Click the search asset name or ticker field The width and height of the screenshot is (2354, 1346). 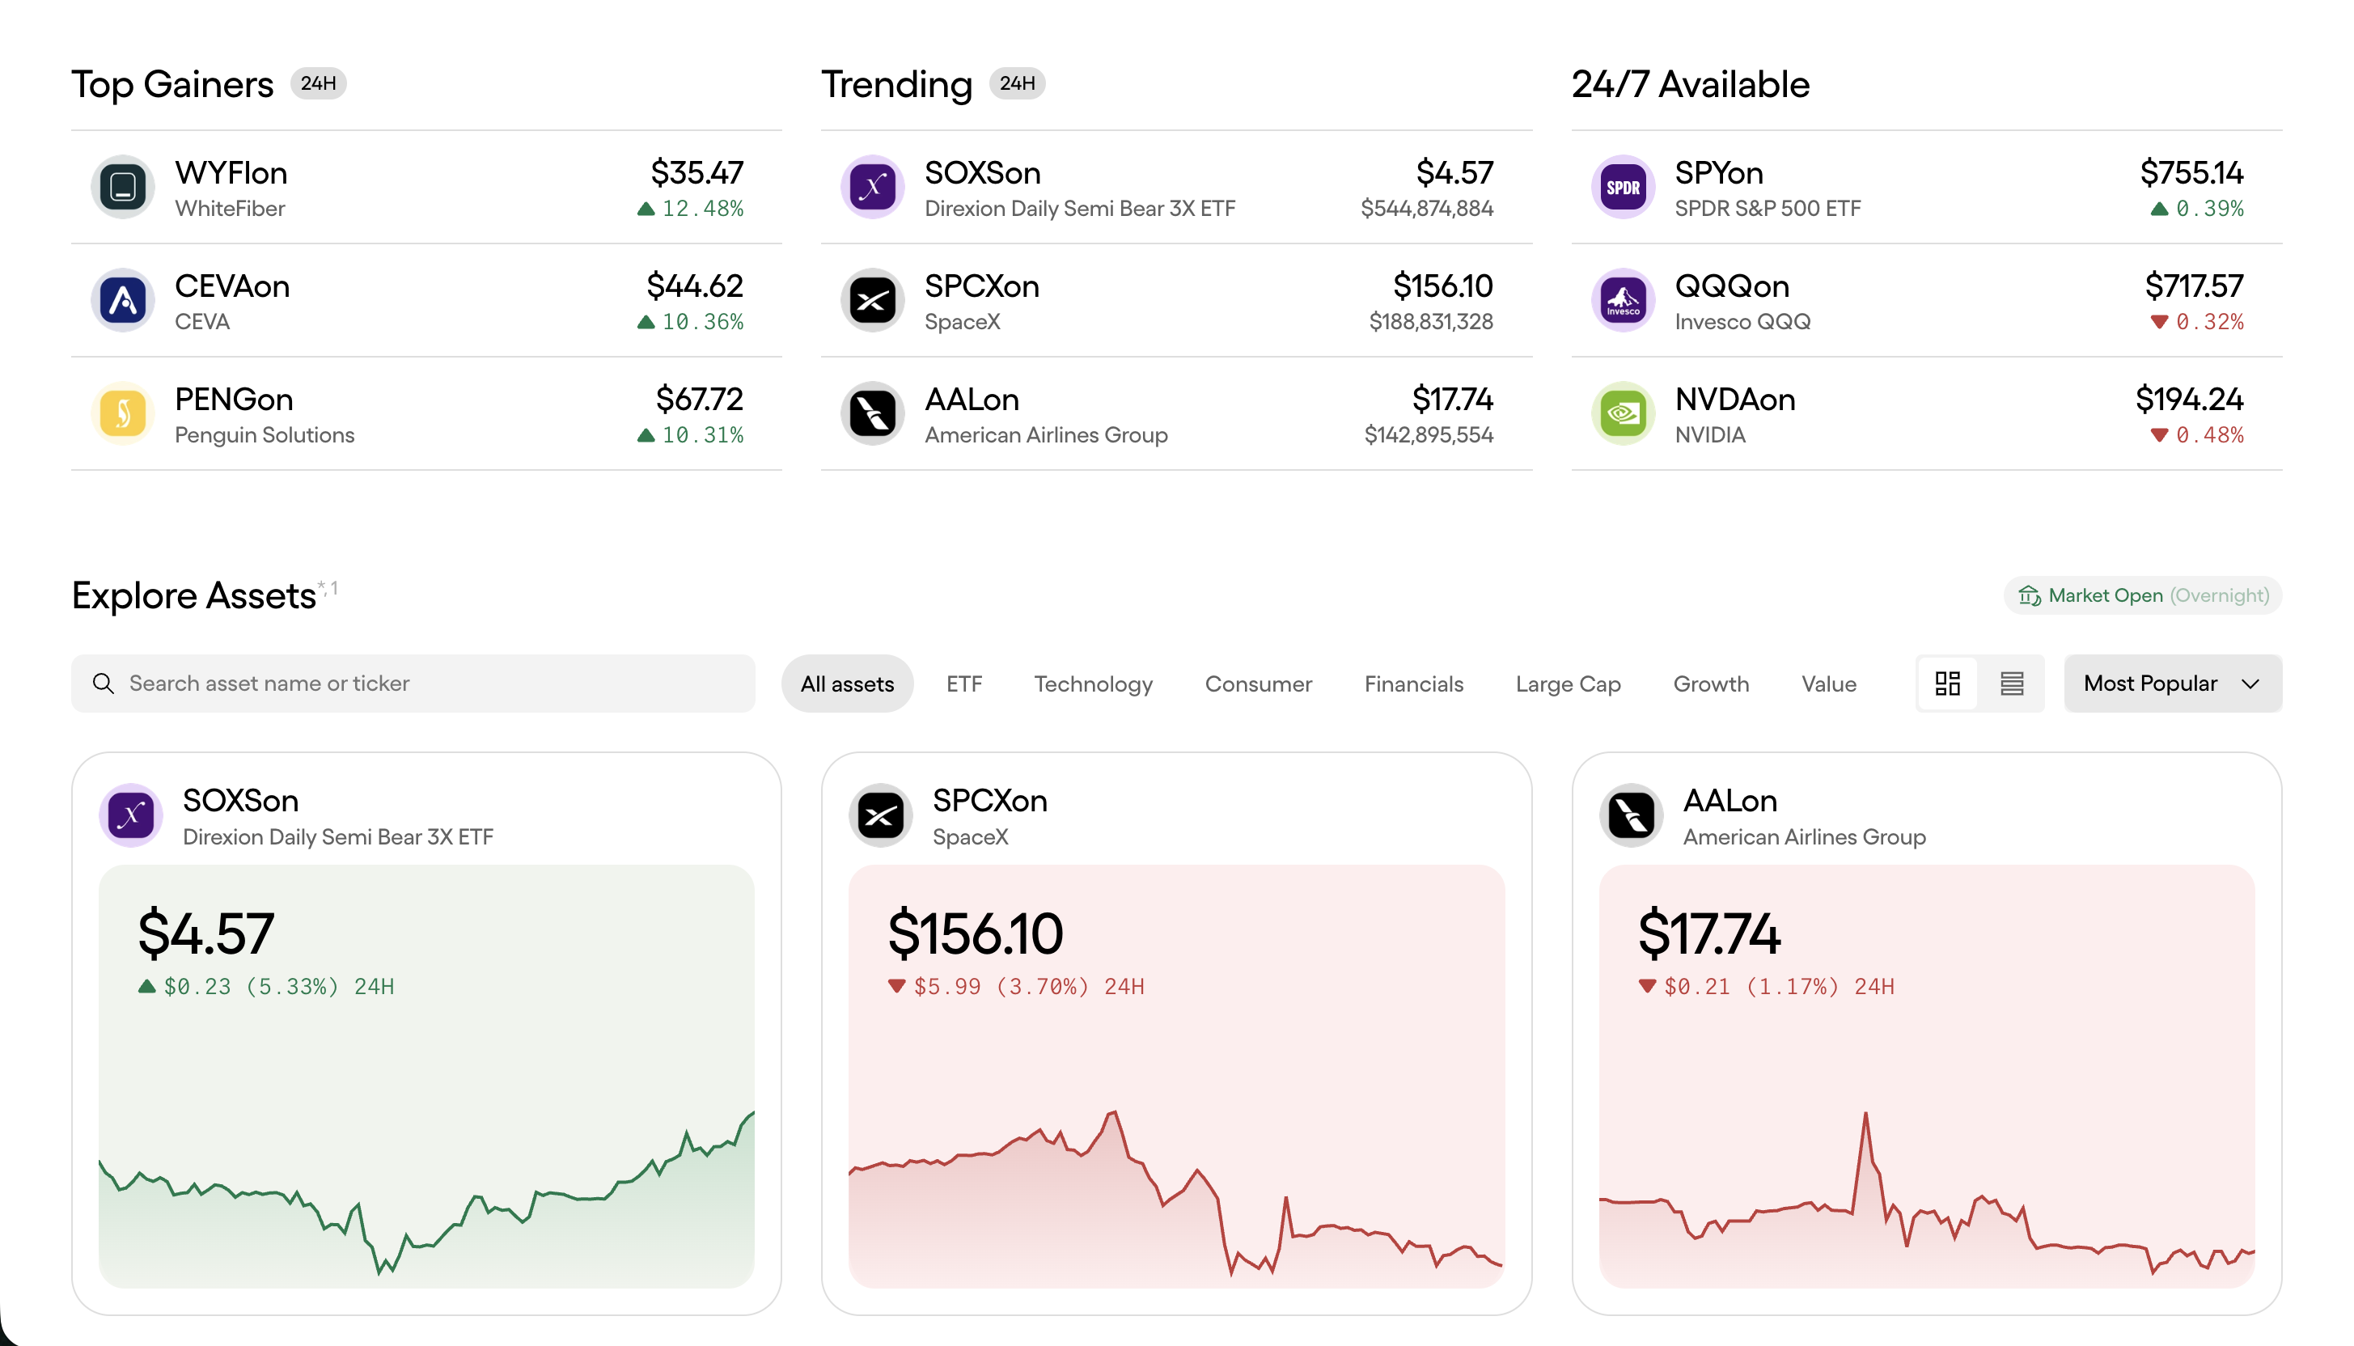click(x=413, y=684)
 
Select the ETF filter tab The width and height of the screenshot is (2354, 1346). click(x=964, y=684)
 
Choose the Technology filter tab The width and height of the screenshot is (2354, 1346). click(x=1094, y=684)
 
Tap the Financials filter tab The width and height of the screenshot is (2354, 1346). click(x=1414, y=684)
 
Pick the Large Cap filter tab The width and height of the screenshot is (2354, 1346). click(x=1569, y=684)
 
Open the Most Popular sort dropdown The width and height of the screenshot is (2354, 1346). click(x=2172, y=684)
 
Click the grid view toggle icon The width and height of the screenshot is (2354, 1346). click(x=1947, y=684)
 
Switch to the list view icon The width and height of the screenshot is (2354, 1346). click(x=2012, y=684)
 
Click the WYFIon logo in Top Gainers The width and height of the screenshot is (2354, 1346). click(x=123, y=187)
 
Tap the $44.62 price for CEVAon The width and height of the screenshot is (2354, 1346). click(x=695, y=286)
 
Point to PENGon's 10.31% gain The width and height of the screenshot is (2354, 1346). click(x=702, y=435)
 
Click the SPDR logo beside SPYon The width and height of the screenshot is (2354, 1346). click(x=1623, y=187)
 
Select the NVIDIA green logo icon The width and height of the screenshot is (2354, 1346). click(x=1623, y=413)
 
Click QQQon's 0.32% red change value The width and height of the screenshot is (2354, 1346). click(x=2209, y=322)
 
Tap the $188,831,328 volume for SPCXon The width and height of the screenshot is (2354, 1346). click(x=1431, y=322)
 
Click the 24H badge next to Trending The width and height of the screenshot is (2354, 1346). click(x=1017, y=83)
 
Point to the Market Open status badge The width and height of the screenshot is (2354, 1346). click(x=2142, y=595)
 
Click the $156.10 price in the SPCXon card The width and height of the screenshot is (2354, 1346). click(x=975, y=933)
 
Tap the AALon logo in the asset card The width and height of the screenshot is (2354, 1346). click(x=1632, y=815)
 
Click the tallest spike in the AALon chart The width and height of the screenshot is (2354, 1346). click(x=1865, y=1115)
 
